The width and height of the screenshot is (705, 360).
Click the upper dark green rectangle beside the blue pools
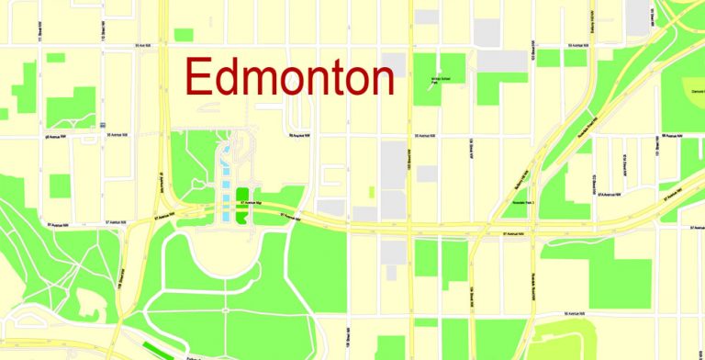click(x=243, y=195)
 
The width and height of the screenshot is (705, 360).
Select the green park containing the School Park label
click(x=439, y=73)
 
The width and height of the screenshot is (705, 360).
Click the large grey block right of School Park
click(x=502, y=61)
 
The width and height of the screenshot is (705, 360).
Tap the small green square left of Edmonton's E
click(x=184, y=35)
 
